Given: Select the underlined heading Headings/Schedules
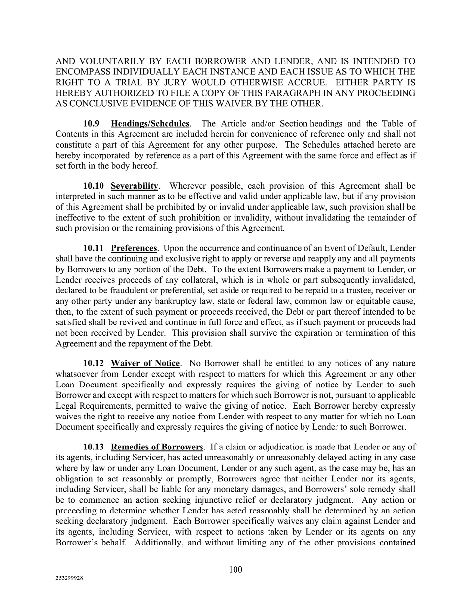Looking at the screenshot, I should tap(150, 124).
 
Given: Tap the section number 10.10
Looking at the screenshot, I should tap(94, 186).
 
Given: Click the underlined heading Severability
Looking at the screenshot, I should tap(134, 186).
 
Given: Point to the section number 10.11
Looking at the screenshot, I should tap(94, 248).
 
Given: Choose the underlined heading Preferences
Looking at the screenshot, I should tap(134, 248).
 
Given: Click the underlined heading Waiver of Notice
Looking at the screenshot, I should tap(145, 363).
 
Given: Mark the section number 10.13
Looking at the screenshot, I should tap(94, 447).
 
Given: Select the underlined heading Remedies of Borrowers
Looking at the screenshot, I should tap(157, 447).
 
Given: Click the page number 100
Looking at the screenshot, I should tap(235, 570).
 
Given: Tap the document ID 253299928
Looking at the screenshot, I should tap(69, 579).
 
